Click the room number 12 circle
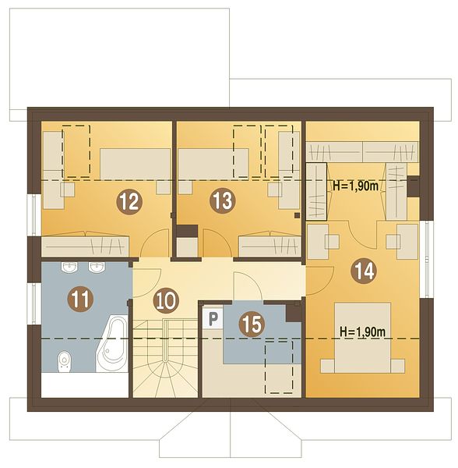129,201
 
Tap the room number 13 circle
223,200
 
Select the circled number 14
364,271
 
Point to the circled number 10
166,300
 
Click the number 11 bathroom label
80,299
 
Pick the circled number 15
252,324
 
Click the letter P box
213,318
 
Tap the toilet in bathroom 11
65,361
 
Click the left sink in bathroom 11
70,267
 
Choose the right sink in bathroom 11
97,267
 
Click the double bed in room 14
363,338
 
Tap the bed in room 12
135,164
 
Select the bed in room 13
213,164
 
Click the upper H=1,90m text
356,186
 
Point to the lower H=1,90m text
363,331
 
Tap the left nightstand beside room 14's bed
327,367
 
